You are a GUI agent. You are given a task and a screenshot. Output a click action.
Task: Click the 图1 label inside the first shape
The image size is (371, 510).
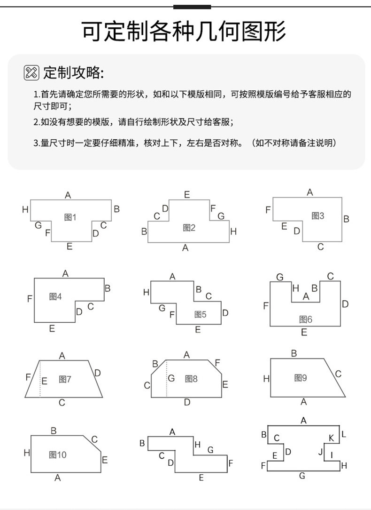click(x=70, y=217)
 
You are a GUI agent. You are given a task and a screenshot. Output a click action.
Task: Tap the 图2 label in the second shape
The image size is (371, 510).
click(x=189, y=228)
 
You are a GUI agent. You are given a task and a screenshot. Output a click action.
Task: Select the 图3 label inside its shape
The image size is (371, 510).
click(x=318, y=215)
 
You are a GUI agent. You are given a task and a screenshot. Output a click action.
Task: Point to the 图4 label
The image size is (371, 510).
click(x=55, y=296)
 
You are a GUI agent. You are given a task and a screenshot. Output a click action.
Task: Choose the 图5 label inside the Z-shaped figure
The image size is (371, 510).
click(x=200, y=314)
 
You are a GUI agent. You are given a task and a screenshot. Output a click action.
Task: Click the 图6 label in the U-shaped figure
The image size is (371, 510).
click(x=306, y=319)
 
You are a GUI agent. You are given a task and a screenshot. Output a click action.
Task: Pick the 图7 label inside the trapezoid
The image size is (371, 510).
click(x=65, y=379)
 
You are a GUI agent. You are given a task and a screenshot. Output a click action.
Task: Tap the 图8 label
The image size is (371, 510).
click(x=191, y=378)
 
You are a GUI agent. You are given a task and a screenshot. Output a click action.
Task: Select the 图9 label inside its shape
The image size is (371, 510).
click(x=301, y=377)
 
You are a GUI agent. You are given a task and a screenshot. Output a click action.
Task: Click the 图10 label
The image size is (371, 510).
click(x=58, y=454)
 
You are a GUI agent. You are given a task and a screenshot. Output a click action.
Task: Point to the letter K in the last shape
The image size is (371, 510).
click(x=331, y=438)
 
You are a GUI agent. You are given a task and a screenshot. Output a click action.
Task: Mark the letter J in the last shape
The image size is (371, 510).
click(x=320, y=452)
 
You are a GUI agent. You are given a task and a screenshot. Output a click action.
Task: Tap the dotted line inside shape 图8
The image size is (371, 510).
click(x=167, y=379)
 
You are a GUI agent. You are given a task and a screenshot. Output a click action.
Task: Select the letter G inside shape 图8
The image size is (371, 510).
click(x=171, y=378)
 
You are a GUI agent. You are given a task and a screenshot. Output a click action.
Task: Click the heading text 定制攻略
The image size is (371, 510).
click(x=73, y=73)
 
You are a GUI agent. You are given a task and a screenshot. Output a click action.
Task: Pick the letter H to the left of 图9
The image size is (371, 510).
click(x=266, y=378)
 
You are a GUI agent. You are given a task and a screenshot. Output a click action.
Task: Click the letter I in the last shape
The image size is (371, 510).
click(x=332, y=455)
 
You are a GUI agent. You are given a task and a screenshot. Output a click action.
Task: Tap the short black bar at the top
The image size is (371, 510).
click(x=192, y=7)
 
